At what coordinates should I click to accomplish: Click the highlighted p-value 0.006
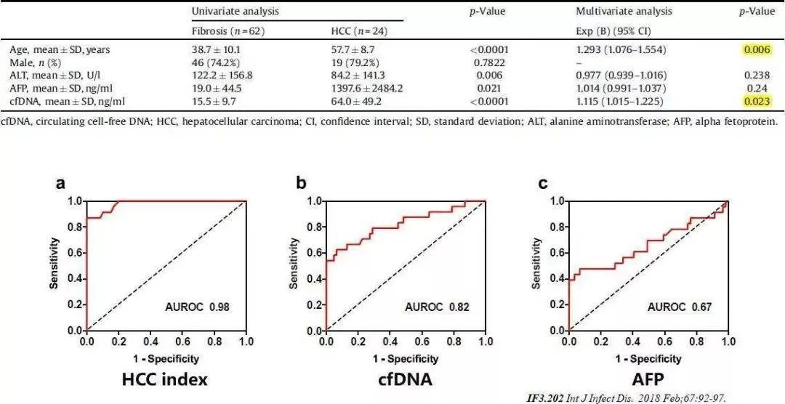tap(757, 50)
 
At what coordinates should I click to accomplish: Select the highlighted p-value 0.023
tap(757, 101)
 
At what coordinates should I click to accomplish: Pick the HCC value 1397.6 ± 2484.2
tap(367, 88)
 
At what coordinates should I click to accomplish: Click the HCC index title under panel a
tap(166, 380)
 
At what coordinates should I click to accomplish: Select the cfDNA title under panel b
tap(406, 380)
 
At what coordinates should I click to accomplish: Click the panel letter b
tap(301, 182)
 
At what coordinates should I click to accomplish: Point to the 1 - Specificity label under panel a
tap(166, 358)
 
